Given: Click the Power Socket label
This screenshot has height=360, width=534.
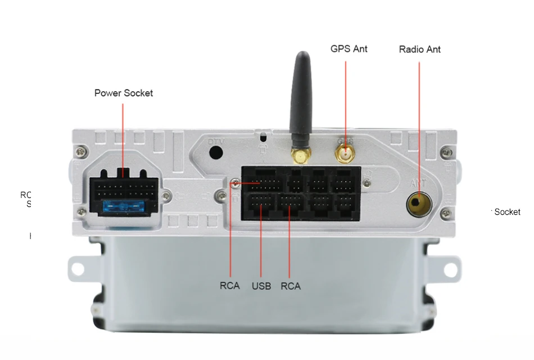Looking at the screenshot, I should [124, 93].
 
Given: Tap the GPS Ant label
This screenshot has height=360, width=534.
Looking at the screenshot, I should [349, 49].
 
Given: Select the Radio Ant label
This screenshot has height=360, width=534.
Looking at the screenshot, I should [419, 49].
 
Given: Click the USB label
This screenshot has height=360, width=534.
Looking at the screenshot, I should [261, 286].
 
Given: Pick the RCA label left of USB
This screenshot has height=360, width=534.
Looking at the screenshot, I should [230, 286].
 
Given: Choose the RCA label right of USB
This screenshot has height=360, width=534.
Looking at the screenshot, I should [291, 286].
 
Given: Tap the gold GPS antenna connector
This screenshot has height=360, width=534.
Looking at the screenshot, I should [345, 152].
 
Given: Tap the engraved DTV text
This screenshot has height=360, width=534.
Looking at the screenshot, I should [216, 141].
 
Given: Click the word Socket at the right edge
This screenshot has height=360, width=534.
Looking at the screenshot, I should [507, 212].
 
